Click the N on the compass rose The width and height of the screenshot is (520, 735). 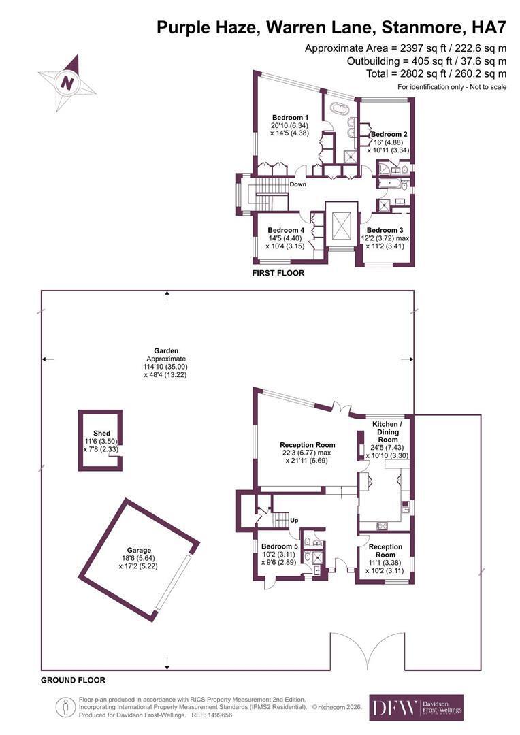(67, 83)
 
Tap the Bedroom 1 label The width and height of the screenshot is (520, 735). (290, 117)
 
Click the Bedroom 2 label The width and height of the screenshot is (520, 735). (389, 134)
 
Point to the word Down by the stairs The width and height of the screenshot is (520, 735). (297, 184)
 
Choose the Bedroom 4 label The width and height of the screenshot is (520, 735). (286, 230)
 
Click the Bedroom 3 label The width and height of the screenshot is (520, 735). (385, 230)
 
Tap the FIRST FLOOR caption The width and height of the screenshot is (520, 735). (278, 273)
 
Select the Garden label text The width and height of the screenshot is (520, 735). (166, 350)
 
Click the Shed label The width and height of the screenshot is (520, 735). (101, 433)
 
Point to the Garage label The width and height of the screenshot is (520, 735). (140, 551)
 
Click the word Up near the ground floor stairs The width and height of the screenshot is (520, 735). (295, 521)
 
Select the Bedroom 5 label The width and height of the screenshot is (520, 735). (280, 546)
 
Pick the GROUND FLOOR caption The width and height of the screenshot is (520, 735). (73, 680)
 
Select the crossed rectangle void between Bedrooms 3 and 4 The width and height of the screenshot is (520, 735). (342, 225)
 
